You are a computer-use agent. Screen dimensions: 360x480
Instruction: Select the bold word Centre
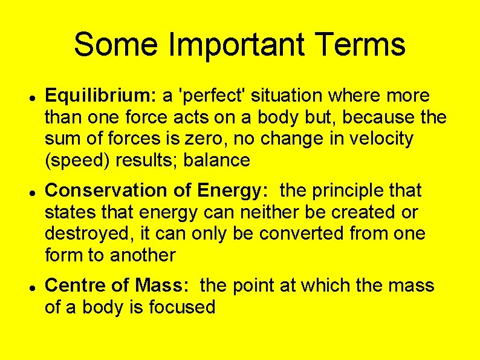click(x=73, y=285)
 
